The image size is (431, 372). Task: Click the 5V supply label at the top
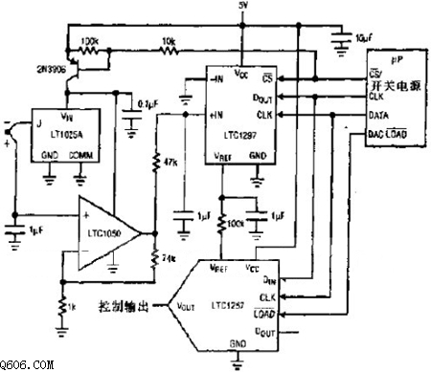click(x=242, y=6)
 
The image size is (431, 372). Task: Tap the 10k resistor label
click(x=169, y=42)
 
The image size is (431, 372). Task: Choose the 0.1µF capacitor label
click(x=148, y=104)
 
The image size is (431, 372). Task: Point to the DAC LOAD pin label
click(x=392, y=136)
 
